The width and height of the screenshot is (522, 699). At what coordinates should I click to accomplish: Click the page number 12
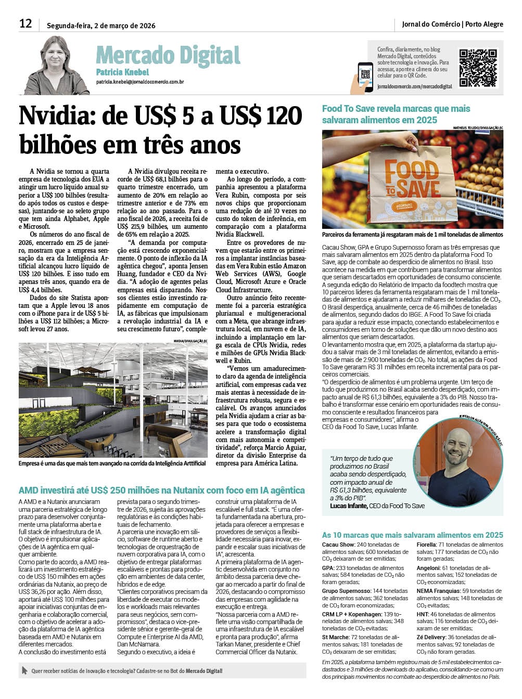26,23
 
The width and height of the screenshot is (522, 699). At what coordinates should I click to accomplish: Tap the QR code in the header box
478,68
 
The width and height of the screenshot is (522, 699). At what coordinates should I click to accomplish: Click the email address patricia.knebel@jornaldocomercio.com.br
139,82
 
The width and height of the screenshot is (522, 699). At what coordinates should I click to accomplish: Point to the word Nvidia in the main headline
57,115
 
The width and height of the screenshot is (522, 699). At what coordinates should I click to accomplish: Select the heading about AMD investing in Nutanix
161,490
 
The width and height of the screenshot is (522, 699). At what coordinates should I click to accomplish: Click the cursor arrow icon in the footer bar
24,671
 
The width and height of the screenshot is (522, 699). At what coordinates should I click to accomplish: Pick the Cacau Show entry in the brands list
338,545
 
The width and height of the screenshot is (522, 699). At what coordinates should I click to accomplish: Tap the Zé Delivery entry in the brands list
431,637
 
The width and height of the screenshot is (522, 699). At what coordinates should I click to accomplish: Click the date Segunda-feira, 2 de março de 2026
101,25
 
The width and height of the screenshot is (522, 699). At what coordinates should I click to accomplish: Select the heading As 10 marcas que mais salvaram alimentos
412,535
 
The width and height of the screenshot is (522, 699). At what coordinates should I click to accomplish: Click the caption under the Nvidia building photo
112,463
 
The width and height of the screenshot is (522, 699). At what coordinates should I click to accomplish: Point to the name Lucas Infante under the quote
349,506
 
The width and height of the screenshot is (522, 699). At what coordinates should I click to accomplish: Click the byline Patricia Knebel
122,72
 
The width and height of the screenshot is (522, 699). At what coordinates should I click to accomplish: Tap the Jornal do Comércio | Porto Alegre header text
452,24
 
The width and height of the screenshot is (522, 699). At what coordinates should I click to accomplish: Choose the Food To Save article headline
396,114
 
